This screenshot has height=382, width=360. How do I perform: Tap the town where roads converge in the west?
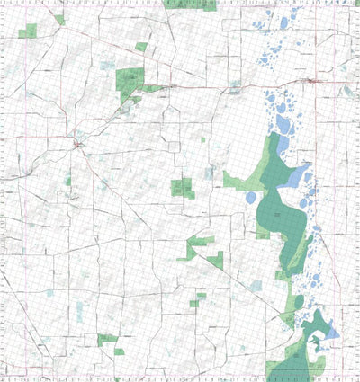[x=78, y=143]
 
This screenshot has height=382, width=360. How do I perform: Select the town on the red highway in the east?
[x=310, y=82]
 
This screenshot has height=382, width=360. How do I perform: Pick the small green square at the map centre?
[x=182, y=188]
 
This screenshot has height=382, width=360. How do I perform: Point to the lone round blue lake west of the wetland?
[x=210, y=173]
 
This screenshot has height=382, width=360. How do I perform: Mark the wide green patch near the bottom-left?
[x=107, y=339]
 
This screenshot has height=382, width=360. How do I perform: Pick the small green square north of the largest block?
[x=141, y=46]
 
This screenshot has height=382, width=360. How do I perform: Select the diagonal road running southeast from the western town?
[x=112, y=189]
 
